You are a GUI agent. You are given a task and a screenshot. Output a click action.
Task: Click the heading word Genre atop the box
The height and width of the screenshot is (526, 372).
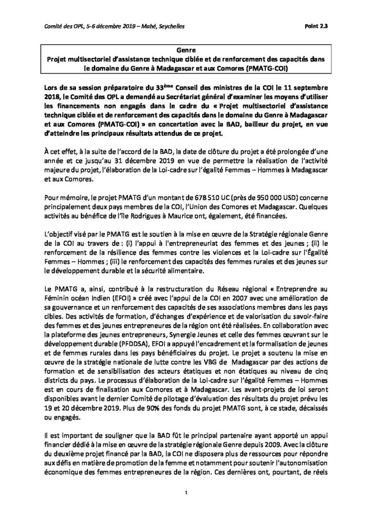[185, 51]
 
